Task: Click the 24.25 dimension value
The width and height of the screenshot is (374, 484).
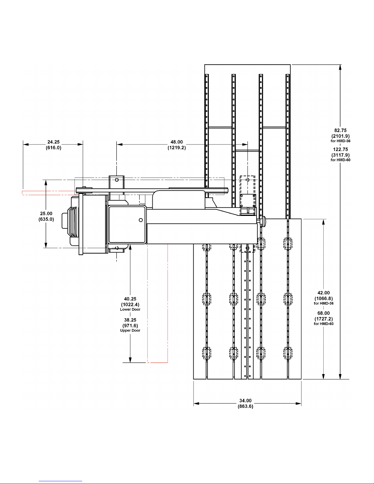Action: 53,142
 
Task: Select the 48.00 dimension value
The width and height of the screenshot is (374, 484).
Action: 176,142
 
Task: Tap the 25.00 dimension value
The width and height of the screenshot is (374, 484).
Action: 46,213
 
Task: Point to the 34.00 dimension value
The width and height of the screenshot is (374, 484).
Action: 245,401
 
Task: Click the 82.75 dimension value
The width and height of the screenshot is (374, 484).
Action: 340,130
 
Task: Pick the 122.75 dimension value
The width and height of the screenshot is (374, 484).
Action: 340,149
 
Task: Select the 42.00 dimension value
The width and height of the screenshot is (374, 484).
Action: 323,293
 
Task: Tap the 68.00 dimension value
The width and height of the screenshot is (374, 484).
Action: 323,313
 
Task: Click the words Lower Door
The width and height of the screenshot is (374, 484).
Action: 130,309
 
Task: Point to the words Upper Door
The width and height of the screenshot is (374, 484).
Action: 130,330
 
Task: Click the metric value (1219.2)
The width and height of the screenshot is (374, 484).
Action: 176,148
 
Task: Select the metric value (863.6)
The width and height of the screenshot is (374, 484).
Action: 245,406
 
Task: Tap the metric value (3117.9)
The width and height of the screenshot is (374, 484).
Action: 340,155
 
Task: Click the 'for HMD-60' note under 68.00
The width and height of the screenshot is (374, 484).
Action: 324,324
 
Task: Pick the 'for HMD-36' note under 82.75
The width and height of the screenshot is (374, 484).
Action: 340,141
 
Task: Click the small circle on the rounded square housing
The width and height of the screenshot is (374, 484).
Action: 141,220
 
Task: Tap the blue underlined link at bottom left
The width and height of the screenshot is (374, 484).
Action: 60,481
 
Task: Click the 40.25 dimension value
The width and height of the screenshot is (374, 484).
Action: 130,299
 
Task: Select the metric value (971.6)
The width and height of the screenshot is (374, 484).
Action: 130,326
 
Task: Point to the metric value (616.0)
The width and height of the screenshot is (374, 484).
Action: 53,148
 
